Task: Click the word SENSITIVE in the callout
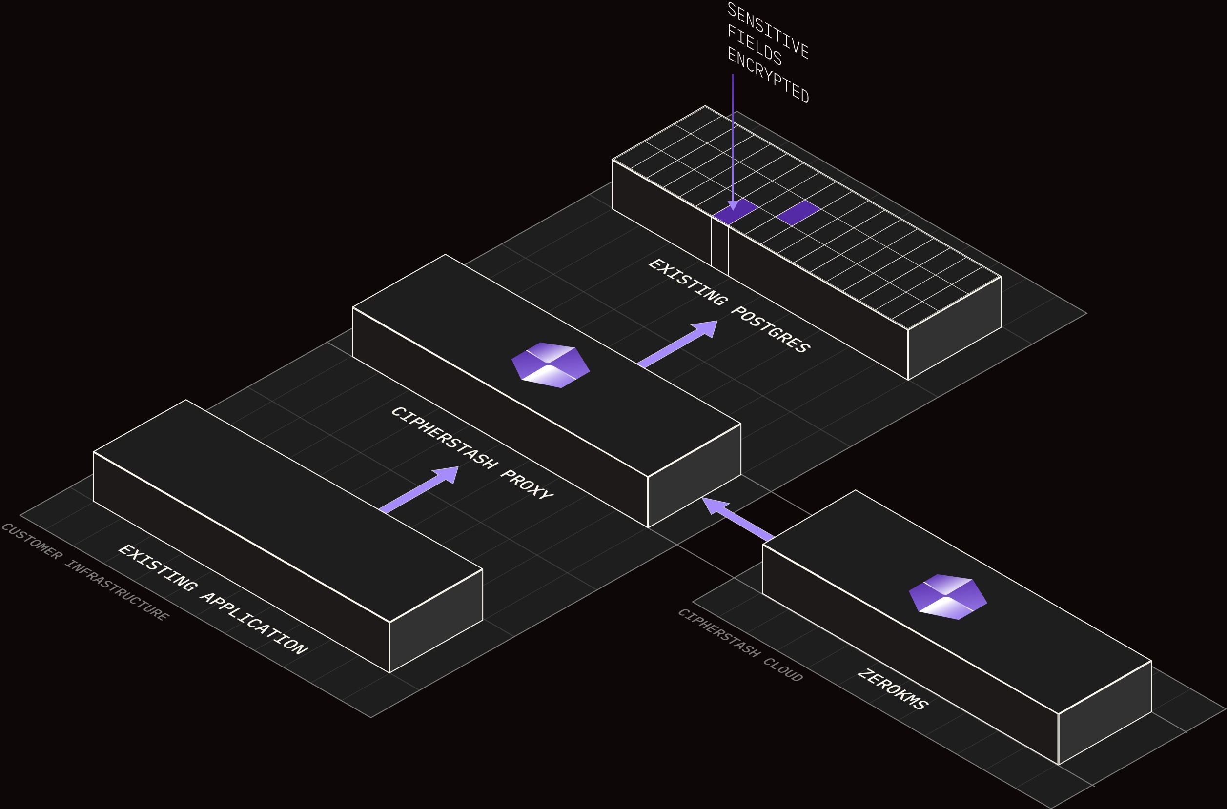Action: pyautogui.click(x=768, y=30)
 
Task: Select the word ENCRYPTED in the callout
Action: pyautogui.click(x=768, y=75)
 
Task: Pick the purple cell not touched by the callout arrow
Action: pyautogui.click(x=798, y=213)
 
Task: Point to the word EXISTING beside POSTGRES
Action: pyautogui.click(x=687, y=282)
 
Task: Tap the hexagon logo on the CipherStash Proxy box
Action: pyautogui.click(x=551, y=365)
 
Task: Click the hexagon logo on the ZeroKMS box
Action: pyautogui.click(x=948, y=597)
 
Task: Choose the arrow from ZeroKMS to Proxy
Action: pyautogui.click(x=737, y=518)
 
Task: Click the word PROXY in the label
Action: pyautogui.click(x=527, y=485)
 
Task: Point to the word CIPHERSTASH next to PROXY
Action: pyautogui.click(x=444, y=438)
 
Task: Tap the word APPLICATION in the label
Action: pyautogui.click(x=254, y=626)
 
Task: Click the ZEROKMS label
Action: pyautogui.click(x=893, y=689)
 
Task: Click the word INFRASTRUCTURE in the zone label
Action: pyautogui.click(x=117, y=590)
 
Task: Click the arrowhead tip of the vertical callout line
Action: pyautogui.click(x=733, y=208)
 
